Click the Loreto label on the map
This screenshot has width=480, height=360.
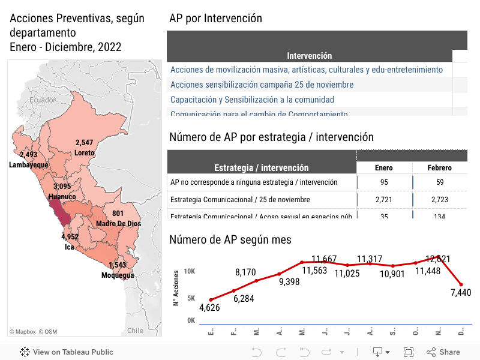coord(85,153)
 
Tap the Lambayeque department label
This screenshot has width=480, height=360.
coord(29,164)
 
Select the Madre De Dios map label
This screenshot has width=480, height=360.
coord(118,224)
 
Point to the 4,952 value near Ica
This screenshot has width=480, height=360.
coord(70,237)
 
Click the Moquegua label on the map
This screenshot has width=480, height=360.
coord(118,275)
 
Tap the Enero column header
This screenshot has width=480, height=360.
coord(383,168)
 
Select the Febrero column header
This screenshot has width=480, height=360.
coord(439,168)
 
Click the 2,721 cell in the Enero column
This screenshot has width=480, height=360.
coord(383,199)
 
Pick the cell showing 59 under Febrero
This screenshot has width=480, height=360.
coord(440,182)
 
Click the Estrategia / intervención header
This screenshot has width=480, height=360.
coord(262,168)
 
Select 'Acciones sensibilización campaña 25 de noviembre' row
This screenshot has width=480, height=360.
coord(262,85)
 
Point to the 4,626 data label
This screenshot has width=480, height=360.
coord(209,309)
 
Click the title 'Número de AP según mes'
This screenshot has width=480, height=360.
coord(230,240)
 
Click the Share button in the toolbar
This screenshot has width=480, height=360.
coord(443,352)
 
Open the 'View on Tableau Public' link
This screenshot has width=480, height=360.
coord(67,352)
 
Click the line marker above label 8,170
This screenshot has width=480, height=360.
coord(257,281)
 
